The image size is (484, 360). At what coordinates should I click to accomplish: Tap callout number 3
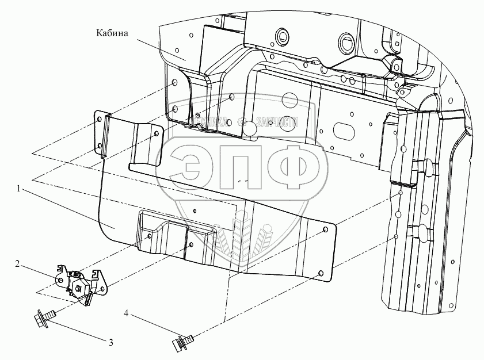(x=110, y=342)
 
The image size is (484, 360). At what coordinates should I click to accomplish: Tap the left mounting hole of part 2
(x=61, y=280)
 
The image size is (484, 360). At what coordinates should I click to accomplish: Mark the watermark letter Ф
(x=299, y=164)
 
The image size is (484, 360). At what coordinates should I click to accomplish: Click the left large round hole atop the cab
(x=281, y=36)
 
